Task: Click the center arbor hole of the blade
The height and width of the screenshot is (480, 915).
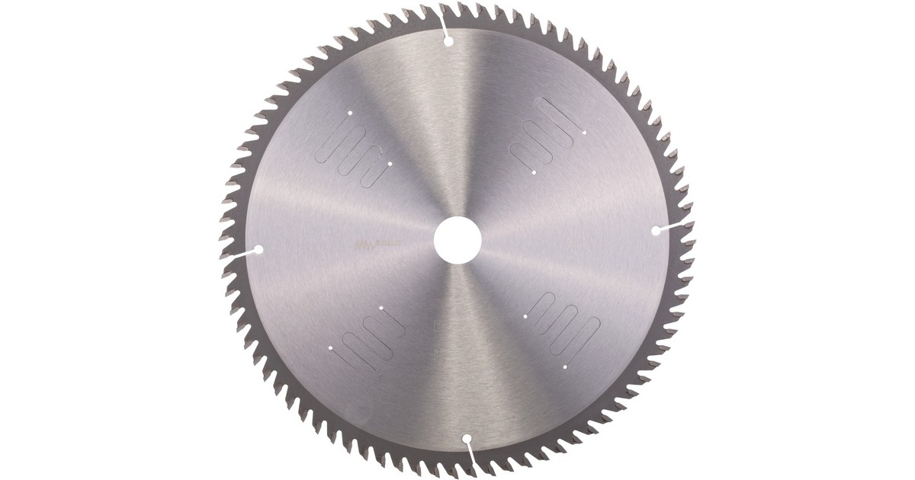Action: point(457,240)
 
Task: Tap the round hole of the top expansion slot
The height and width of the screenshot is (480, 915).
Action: point(448,41)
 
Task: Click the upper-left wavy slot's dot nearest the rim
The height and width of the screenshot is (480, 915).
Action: point(348,114)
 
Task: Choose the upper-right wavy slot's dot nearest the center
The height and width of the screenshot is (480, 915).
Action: point(535,172)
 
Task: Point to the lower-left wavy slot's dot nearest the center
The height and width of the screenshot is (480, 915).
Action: point(380,308)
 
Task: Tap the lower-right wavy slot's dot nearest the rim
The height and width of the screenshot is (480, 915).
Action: point(565,366)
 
